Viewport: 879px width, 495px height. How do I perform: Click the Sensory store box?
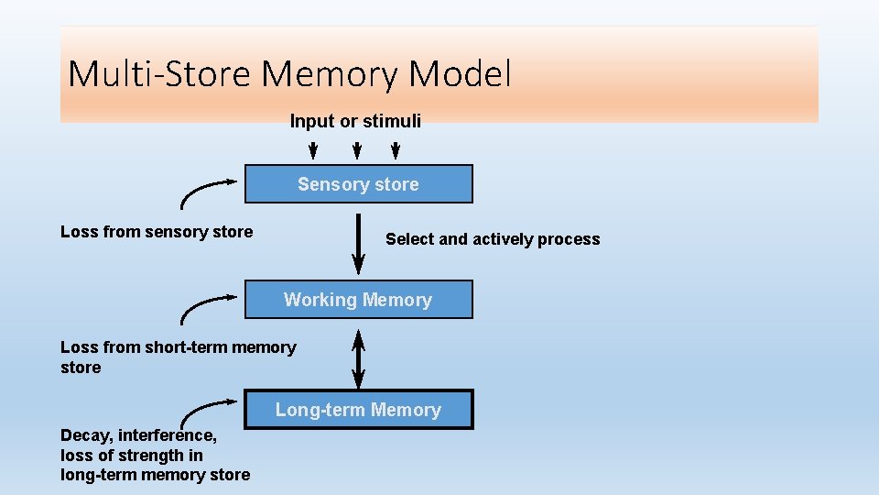(358, 184)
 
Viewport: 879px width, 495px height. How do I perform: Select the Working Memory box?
(358, 300)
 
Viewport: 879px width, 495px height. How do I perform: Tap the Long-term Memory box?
(358, 410)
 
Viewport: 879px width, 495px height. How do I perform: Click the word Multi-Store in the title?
(158, 73)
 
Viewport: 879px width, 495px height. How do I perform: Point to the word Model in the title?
(460, 73)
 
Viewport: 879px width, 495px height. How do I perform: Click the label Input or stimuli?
(355, 121)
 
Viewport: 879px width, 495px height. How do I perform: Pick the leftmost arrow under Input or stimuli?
(312, 149)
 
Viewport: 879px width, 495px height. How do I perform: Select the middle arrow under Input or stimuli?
(354, 149)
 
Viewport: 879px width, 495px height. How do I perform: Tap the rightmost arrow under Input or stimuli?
(396, 149)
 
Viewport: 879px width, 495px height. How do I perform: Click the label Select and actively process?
(493, 239)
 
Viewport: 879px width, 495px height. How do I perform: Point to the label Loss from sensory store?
(157, 232)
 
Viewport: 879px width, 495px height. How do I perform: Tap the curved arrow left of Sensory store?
(206, 190)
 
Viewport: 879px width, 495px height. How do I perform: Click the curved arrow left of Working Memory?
(206, 305)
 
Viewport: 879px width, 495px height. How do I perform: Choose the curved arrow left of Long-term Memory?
(206, 412)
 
